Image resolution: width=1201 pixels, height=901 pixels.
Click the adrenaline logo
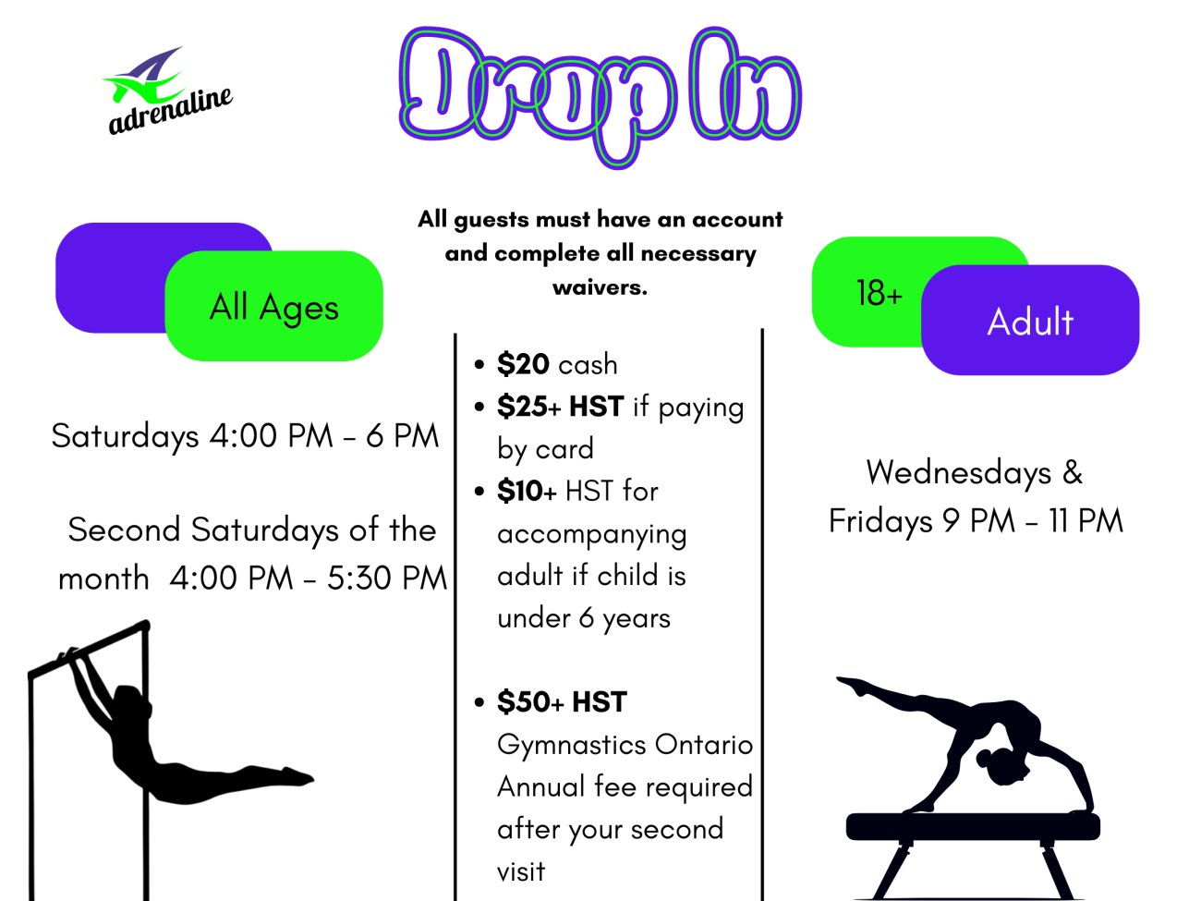point(168,91)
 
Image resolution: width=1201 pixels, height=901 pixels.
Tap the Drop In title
point(600,97)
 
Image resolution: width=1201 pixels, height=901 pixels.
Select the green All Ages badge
point(273,306)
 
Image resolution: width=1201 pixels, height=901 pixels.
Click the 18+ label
point(879,293)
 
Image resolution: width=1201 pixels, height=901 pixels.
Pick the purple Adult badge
point(1030,320)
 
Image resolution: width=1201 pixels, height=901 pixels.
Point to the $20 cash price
point(557,364)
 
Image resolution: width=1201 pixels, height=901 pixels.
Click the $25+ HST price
point(560,407)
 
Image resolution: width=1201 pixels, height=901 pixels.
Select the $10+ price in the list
point(527,491)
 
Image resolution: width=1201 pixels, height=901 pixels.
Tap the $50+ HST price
point(562,702)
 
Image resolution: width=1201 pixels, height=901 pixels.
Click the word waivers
point(600,287)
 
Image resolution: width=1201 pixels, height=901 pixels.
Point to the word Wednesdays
point(959,472)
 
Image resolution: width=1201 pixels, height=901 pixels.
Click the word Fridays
point(880,521)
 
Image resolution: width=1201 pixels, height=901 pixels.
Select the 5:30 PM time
point(387,578)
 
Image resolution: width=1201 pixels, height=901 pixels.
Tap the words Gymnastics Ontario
point(625,745)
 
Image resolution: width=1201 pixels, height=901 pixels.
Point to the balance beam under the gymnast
point(973,826)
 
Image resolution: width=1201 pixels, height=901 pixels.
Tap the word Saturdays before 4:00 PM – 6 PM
point(125,436)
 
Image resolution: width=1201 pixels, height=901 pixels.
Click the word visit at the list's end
point(521,871)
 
